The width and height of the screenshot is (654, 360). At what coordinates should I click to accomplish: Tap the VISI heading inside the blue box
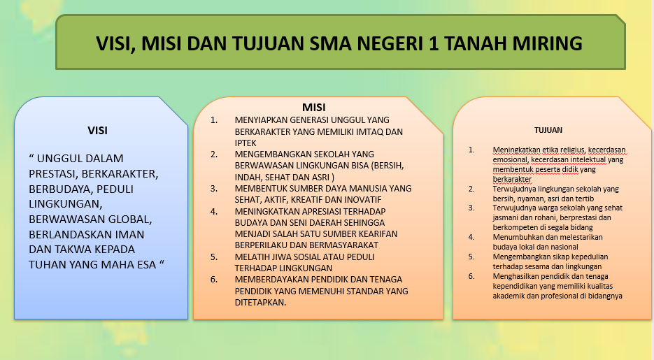[98, 131]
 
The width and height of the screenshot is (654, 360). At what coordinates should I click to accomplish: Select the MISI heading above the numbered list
[313, 108]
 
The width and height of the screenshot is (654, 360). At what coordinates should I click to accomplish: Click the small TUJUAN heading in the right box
[548, 130]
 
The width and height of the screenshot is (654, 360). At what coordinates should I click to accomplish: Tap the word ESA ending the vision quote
[147, 264]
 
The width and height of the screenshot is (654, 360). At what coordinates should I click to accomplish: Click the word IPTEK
[246, 143]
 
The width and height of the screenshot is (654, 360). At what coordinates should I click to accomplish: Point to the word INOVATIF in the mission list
[364, 200]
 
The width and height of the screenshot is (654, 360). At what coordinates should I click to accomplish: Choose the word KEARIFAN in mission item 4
[378, 233]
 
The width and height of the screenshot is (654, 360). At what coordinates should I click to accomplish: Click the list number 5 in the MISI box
[213, 257]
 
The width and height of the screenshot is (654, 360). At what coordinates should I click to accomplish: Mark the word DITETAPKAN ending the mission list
[260, 302]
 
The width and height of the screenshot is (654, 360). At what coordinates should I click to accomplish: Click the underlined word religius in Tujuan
[573, 150]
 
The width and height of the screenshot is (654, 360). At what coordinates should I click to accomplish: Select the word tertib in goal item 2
[585, 199]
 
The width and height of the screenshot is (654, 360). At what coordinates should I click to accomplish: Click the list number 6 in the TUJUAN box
[471, 276]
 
